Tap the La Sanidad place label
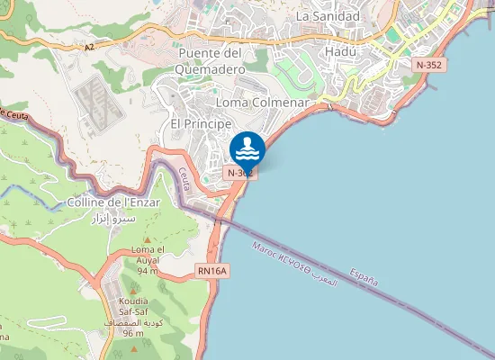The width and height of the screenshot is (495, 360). [x=328, y=15]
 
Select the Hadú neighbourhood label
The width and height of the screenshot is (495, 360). [x=339, y=51]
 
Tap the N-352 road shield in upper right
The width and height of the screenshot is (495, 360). [x=428, y=65]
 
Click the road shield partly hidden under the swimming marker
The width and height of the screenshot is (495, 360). [x=240, y=172]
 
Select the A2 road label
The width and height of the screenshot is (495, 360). [x=88, y=48]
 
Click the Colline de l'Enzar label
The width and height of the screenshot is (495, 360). [x=113, y=202]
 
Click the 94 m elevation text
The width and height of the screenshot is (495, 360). [x=148, y=271]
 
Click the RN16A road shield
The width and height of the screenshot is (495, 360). [x=213, y=270]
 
